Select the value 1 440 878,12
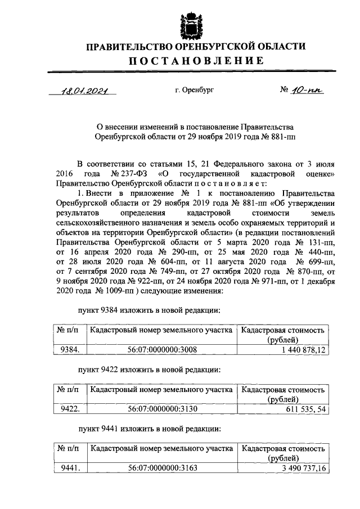tap(300, 350)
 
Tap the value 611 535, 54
tap(303, 409)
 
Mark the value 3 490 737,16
tap(300, 468)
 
